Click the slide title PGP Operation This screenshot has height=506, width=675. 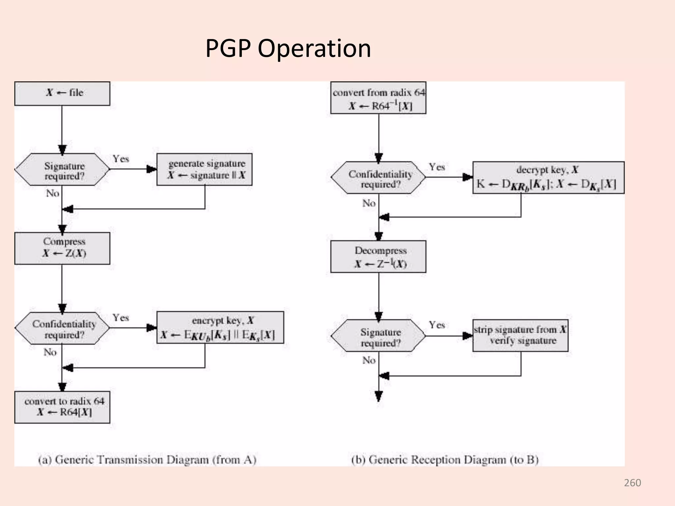(x=288, y=48)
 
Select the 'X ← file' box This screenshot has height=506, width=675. (x=62, y=94)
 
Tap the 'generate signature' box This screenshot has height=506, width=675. (x=204, y=169)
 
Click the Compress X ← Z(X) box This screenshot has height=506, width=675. (x=62, y=248)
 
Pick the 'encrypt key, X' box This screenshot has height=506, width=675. (x=220, y=327)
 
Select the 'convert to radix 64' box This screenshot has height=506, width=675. (x=62, y=407)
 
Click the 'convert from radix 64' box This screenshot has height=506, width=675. (x=378, y=98)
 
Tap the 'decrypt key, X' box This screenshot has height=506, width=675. (x=548, y=177)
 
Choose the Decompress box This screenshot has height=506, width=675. (x=378, y=257)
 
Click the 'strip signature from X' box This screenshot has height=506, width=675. (x=520, y=335)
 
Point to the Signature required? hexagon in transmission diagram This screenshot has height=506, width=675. (x=62, y=169)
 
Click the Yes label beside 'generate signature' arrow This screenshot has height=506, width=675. (x=121, y=159)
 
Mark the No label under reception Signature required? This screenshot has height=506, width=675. (x=369, y=360)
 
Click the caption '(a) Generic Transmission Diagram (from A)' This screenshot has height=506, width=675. (x=147, y=460)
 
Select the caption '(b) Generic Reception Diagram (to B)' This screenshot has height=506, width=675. (x=445, y=460)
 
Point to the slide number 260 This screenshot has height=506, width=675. (x=632, y=483)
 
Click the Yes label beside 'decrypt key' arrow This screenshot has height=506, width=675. (x=437, y=167)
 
